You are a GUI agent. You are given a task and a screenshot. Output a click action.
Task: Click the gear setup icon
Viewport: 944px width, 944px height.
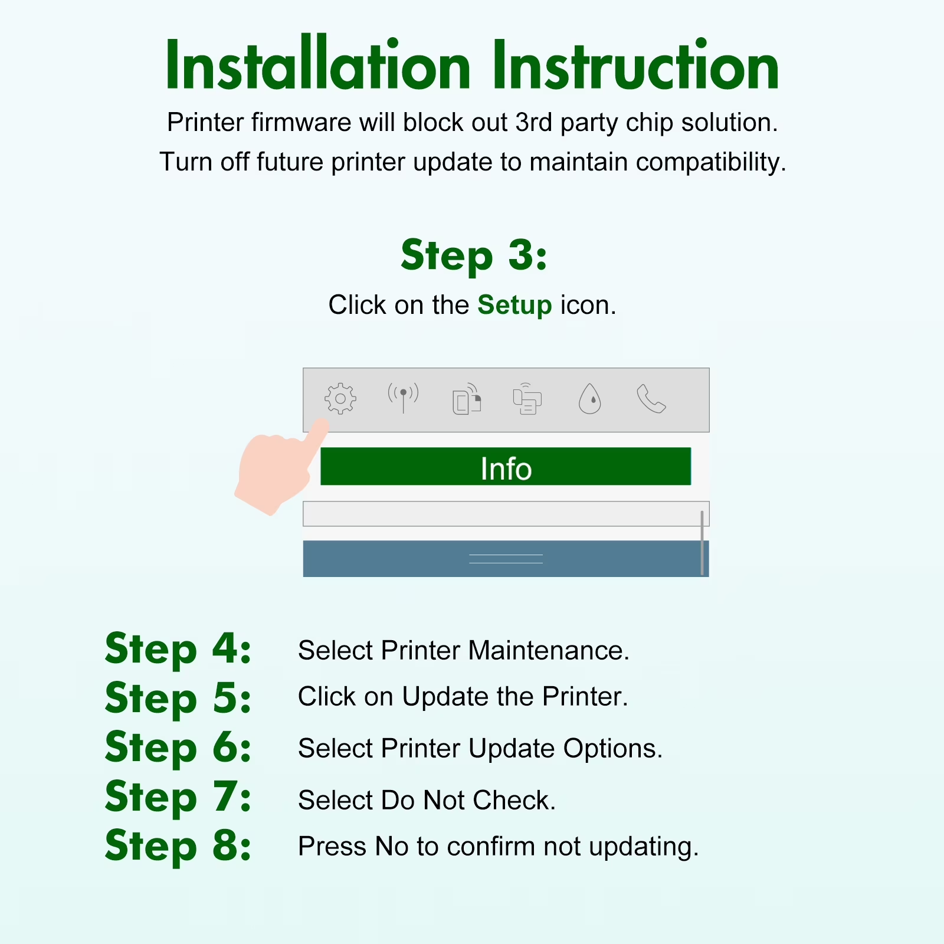(340, 399)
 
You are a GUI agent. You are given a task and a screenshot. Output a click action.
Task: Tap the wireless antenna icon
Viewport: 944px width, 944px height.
(403, 398)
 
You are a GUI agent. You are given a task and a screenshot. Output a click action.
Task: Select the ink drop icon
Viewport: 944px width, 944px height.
(589, 399)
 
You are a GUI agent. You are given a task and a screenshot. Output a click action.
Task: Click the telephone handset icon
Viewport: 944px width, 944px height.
(651, 399)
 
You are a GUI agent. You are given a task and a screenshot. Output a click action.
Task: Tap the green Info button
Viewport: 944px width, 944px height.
(506, 466)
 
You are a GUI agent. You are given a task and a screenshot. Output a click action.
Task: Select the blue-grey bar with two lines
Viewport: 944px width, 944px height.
(506, 559)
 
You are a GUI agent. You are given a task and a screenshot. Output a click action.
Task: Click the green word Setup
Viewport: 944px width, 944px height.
(514, 305)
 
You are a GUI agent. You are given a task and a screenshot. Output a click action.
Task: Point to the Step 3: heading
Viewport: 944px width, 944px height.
(474, 255)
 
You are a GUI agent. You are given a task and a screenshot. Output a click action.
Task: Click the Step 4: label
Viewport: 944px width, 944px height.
(178, 649)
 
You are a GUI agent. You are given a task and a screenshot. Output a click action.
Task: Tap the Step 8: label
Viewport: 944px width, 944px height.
(178, 845)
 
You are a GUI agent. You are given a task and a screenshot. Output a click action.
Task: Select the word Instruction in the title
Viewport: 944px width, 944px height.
(635, 65)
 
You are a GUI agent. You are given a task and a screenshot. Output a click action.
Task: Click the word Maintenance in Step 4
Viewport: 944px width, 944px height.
(549, 650)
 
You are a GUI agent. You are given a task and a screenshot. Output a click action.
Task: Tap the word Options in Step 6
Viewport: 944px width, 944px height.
(613, 749)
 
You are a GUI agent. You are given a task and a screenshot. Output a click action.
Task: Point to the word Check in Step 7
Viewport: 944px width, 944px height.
(514, 800)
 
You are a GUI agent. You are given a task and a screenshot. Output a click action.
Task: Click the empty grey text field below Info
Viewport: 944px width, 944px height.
(506, 514)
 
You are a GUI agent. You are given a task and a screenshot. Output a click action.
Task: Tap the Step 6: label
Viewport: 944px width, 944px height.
(178, 747)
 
